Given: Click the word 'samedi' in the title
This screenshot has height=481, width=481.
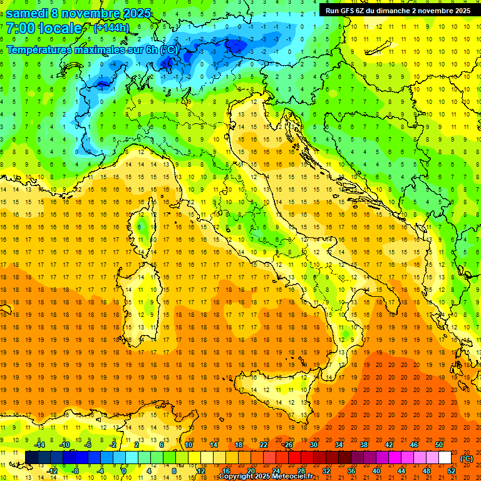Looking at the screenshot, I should [x=29, y=13].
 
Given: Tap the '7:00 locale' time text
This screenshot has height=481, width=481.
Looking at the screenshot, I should [x=44, y=28].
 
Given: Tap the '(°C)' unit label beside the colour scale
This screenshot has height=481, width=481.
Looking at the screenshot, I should [x=467, y=458].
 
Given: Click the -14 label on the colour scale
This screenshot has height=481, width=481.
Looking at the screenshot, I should [x=39, y=445].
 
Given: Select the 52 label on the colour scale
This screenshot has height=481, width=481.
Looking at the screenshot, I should [x=452, y=470].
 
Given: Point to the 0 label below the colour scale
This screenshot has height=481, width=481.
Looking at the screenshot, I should [x=124, y=470].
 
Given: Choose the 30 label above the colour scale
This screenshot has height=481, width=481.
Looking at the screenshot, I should [x=313, y=445].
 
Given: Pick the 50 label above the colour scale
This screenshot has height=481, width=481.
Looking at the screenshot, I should [x=439, y=445].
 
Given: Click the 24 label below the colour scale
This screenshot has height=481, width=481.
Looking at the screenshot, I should [x=276, y=470].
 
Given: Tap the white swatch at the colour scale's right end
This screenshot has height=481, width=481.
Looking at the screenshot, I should [x=445, y=458].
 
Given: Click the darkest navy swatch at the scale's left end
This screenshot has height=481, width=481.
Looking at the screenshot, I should [x=31, y=458].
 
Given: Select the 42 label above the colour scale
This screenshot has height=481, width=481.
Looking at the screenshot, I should [x=388, y=445].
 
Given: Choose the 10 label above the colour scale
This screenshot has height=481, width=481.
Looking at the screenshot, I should [x=188, y=445].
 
